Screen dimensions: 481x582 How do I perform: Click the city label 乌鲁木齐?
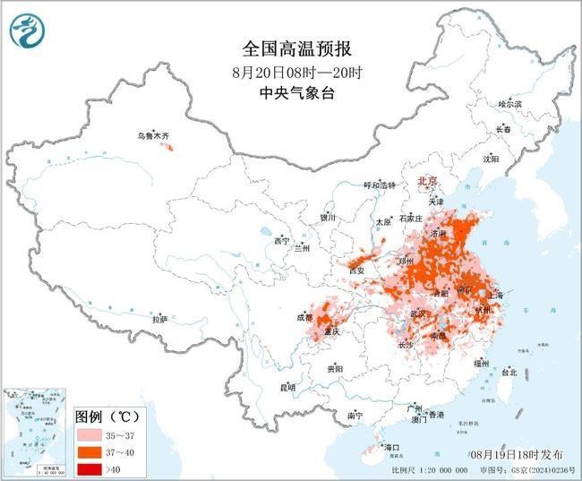click(152, 135)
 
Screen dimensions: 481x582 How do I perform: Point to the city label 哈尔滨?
click(509, 104)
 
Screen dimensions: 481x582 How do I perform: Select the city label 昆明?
click(287, 387)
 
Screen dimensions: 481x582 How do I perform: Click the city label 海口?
click(389, 445)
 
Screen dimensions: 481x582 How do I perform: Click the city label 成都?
click(304, 317)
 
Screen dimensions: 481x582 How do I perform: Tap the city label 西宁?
click(282, 241)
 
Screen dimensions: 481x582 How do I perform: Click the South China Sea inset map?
click(34, 431)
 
